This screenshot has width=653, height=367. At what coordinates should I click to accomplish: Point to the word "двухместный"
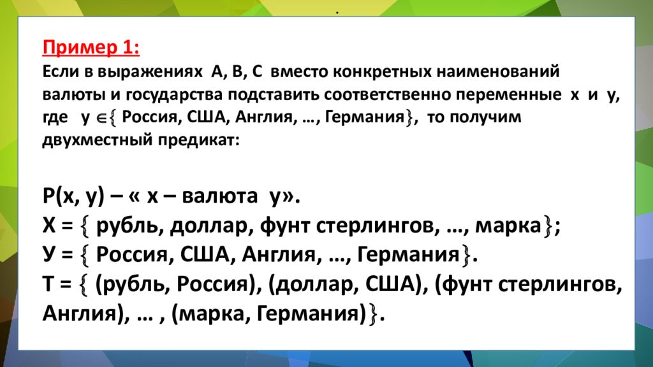(92, 141)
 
